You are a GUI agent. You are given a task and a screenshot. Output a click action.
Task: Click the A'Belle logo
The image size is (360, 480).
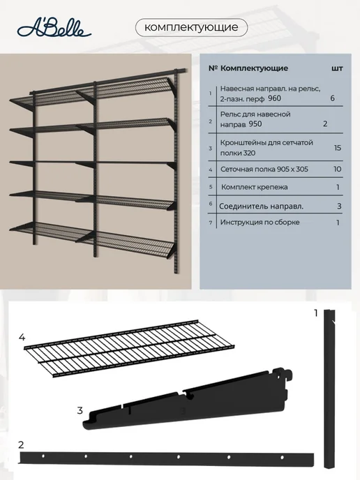point(54,30)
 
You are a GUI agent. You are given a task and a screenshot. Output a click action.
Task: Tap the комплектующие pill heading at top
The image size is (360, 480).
point(191,27)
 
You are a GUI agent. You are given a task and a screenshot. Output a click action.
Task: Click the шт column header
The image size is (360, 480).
point(337,68)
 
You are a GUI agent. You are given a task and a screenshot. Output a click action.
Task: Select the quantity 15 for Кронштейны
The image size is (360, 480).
point(338,148)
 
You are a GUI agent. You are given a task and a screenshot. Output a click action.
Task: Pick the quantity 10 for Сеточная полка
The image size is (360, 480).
point(338,170)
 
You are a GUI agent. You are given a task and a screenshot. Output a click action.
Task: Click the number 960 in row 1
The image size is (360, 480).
point(274,98)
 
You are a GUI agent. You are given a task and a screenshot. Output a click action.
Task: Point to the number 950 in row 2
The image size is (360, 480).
point(255,124)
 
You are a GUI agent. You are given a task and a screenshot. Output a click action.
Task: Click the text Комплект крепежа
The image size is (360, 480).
point(255,187)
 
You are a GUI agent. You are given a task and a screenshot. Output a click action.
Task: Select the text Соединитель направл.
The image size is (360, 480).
point(261,207)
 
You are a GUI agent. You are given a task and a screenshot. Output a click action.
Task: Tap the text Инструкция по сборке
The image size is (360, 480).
point(260,223)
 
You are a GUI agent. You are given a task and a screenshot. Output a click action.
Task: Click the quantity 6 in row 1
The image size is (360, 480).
point(333,98)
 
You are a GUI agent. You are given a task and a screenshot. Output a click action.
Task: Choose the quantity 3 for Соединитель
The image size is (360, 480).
point(339,207)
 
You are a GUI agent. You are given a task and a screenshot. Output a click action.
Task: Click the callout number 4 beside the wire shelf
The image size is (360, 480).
point(22,338)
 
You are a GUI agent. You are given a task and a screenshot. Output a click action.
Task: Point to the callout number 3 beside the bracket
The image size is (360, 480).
point(80,410)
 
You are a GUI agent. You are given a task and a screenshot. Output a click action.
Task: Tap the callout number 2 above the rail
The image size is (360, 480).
point(21,444)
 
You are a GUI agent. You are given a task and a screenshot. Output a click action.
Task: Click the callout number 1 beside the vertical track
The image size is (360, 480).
point(316,313)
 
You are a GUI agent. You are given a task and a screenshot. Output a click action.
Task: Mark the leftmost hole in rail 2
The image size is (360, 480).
point(43,456)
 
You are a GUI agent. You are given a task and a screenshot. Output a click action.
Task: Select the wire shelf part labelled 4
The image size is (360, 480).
point(129,348)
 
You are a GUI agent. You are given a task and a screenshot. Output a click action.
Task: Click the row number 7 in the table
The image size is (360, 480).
point(211,223)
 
